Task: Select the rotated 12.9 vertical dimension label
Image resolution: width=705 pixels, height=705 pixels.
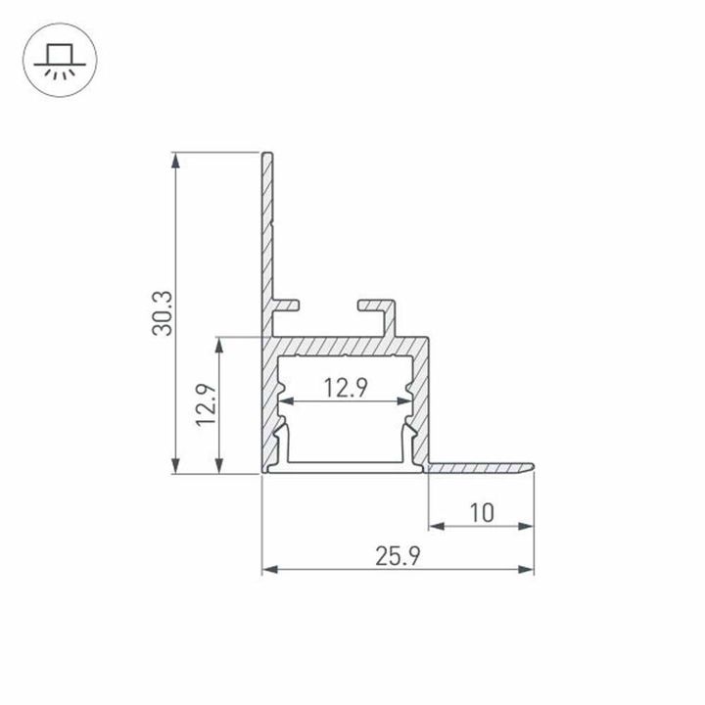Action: pos(204,405)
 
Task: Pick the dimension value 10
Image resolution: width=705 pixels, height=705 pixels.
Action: pos(481,512)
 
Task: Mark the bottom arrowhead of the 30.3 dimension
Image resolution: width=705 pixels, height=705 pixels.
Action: pos(176,469)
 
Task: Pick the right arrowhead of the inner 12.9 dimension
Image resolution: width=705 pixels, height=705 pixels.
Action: pos(404,401)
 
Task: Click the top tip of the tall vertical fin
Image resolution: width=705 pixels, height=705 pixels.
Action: pos(266,155)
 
